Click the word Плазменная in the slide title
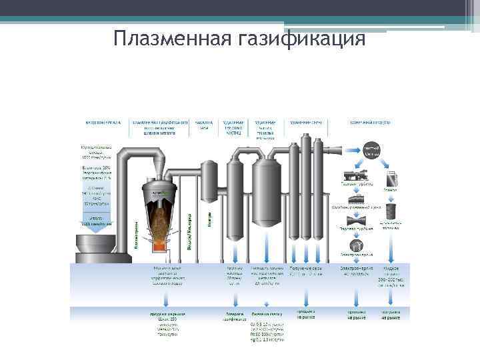click(171, 38)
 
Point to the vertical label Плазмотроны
click(137, 235)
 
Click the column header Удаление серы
click(307, 123)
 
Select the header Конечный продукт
click(371, 123)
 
